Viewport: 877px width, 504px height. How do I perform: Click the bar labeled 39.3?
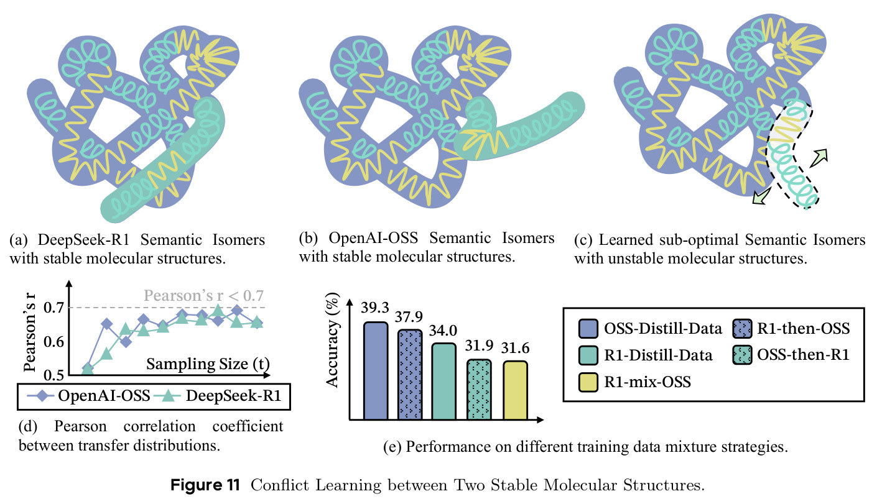point(376,371)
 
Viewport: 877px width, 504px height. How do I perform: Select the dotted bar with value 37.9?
point(410,375)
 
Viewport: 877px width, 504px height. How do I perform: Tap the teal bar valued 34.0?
point(444,382)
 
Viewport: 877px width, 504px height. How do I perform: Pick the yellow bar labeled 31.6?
point(515,390)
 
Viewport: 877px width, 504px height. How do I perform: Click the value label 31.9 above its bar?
point(479,346)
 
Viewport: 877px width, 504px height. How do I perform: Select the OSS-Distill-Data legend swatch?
point(588,328)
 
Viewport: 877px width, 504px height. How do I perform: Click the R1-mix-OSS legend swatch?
point(588,382)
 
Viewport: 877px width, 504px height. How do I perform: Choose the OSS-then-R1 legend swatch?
point(742,355)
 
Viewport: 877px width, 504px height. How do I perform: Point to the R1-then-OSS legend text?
point(804,328)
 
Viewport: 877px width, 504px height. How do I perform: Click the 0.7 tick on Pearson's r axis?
point(53,308)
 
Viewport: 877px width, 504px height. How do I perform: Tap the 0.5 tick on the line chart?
point(53,375)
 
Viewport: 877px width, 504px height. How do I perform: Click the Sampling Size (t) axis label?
point(208,364)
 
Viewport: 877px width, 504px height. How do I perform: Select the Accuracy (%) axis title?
point(332,341)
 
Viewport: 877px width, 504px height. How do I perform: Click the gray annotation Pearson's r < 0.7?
point(203,295)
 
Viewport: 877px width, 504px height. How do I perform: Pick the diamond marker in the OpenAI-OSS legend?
point(40,396)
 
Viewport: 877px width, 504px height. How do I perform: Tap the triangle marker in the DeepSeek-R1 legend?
point(167,396)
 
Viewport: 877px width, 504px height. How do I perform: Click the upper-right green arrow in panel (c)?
point(819,158)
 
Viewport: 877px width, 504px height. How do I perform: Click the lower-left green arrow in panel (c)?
point(762,196)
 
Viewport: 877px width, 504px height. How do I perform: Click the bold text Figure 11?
point(205,485)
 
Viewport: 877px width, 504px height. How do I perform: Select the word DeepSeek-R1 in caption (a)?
point(83,239)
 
